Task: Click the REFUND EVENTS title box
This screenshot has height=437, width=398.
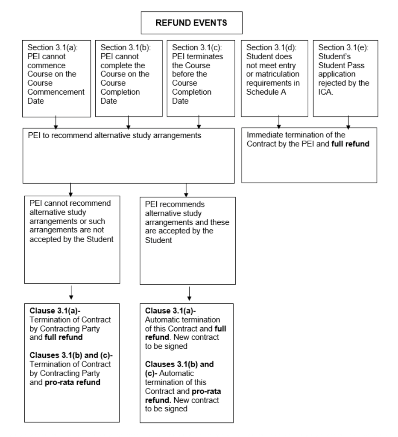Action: tap(192, 23)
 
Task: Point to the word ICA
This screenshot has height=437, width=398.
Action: tap(325, 92)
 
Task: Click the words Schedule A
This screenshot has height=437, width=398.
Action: tap(266, 92)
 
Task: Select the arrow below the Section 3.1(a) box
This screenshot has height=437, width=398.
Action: tap(56, 122)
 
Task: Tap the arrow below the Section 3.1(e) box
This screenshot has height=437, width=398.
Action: tap(348, 122)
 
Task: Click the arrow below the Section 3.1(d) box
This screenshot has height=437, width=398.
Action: tap(278, 122)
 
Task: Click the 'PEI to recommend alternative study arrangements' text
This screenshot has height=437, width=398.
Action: tap(114, 135)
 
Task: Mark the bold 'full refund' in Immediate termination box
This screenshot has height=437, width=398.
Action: tap(350, 144)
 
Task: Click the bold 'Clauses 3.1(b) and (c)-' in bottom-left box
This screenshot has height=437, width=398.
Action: tap(71, 355)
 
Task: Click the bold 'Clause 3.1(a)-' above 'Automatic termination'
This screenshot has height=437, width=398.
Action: tap(170, 311)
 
